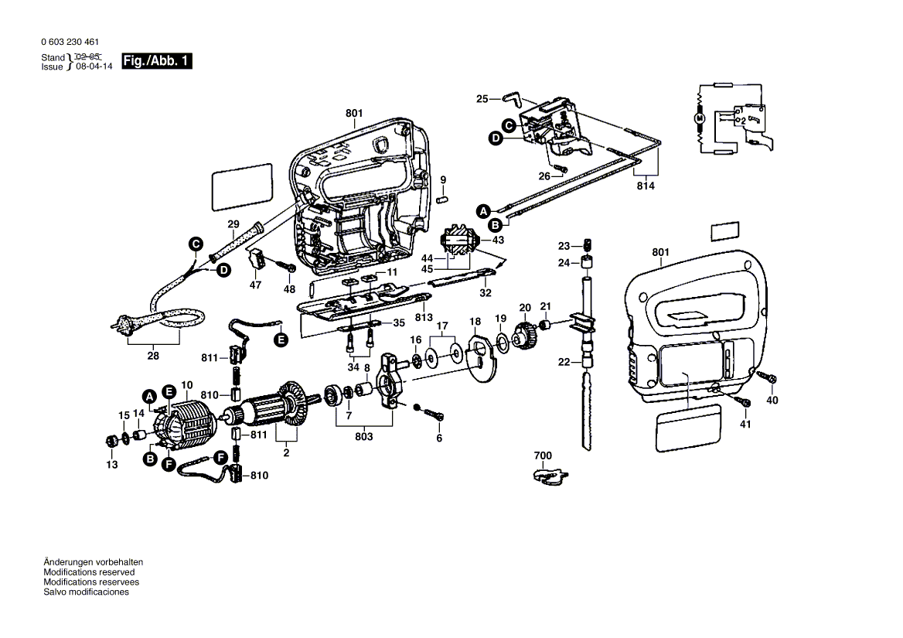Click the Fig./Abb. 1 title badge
(156, 61)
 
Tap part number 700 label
(543, 456)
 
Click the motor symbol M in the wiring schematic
(699, 118)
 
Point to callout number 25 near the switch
(482, 99)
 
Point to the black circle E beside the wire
(280, 338)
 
